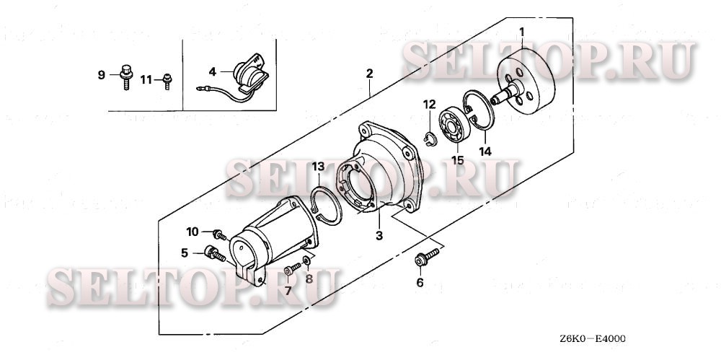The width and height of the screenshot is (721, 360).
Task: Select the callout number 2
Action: click(x=369, y=74)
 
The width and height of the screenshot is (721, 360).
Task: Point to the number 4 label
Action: click(x=213, y=71)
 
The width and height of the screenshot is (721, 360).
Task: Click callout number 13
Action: click(x=317, y=167)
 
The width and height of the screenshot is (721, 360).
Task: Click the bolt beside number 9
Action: click(x=127, y=76)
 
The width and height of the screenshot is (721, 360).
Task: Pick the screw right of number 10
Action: click(x=218, y=234)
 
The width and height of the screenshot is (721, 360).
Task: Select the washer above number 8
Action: click(x=308, y=259)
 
